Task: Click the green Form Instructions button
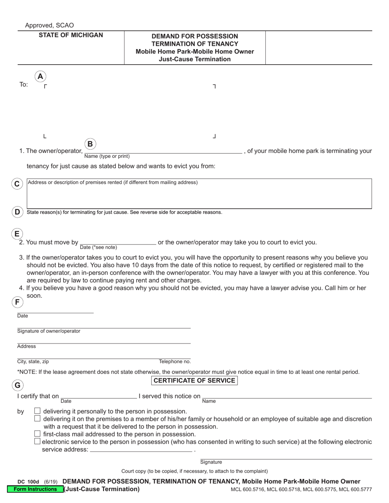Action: tap(35, 489)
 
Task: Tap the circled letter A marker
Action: tap(40, 76)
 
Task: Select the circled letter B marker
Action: tap(90, 144)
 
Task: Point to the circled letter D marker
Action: tap(17, 212)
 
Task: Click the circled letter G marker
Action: tap(17, 385)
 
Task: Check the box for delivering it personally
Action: tap(37, 411)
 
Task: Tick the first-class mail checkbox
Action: tap(37, 433)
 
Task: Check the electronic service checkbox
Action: tap(37, 441)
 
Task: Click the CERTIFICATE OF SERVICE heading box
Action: tap(194, 381)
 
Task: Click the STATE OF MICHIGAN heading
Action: tap(71, 35)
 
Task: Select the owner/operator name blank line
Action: tap(163, 150)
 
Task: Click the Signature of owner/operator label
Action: tap(49, 331)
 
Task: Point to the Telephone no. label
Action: tap(175, 362)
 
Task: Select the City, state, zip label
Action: tap(33, 362)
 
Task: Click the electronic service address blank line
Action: tap(140, 449)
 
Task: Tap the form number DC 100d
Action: tap(28, 482)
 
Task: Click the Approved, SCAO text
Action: tap(50, 25)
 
